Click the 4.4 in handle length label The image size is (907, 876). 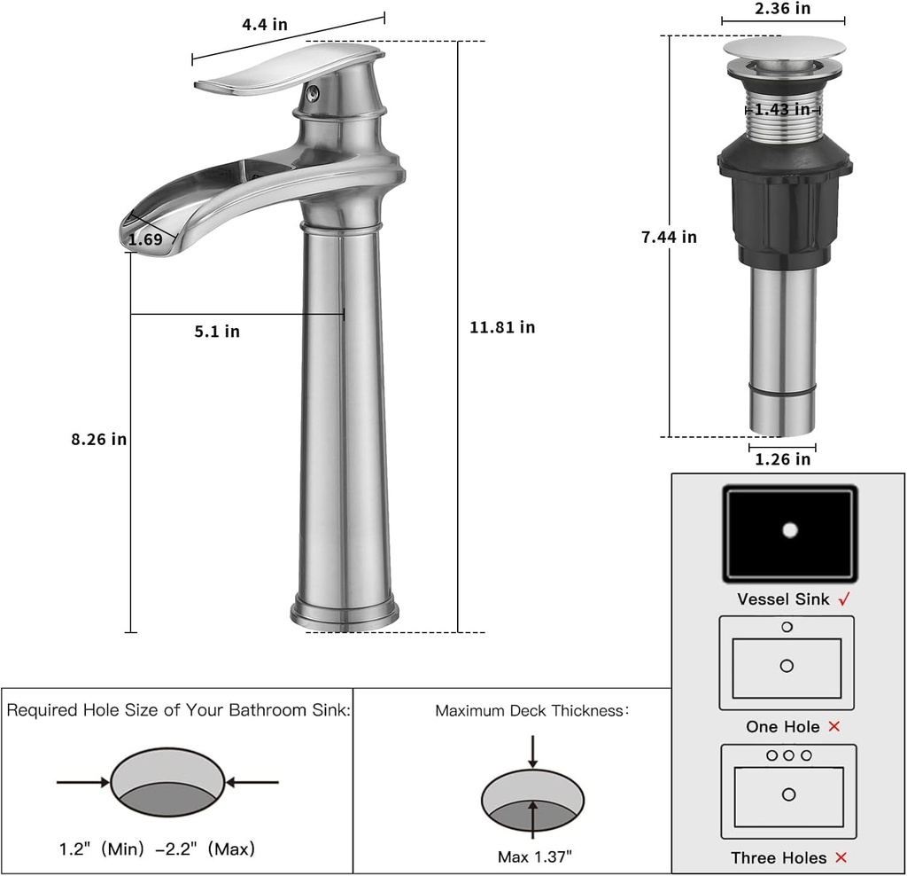point(265,25)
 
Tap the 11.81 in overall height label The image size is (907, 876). point(502,327)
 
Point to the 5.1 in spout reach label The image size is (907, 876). point(217,332)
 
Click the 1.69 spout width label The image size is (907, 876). point(145,239)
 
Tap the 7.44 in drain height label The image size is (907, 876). point(669,237)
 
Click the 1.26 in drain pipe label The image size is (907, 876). point(782,459)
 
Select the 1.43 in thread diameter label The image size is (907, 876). point(782,110)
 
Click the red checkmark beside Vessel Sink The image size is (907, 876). point(844,599)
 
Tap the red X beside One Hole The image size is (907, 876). point(833,727)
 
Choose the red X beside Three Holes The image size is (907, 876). point(841,857)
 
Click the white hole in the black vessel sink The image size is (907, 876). point(790,530)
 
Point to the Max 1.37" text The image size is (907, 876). point(534,856)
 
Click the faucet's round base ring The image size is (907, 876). point(345,613)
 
